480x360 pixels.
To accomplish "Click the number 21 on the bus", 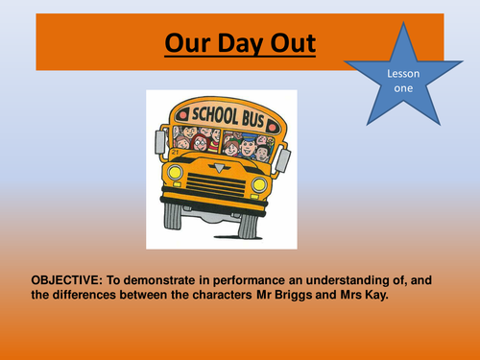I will coord(173,152).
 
